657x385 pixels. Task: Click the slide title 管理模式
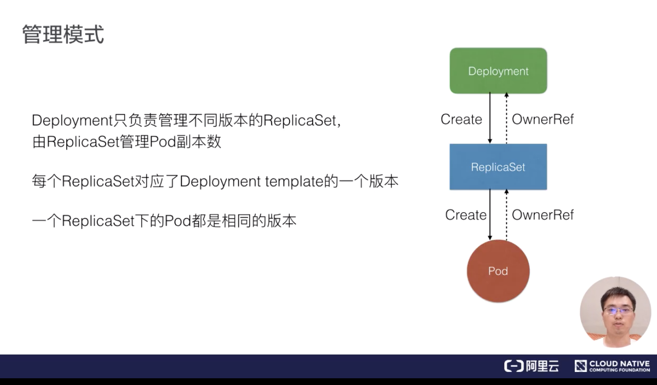pos(63,35)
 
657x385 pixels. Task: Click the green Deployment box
pos(498,71)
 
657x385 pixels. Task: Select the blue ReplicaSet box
pos(498,167)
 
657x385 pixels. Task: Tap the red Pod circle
pos(498,271)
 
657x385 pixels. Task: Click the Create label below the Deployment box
pos(461,119)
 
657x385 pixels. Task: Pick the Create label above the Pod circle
pos(466,215)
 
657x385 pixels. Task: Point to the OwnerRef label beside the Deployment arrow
pos(543,119)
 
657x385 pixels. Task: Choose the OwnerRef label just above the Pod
pos(543,215)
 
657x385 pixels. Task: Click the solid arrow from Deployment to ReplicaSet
pos(490,118)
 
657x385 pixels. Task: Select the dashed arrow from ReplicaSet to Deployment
pos(506,118)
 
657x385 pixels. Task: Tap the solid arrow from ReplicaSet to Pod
pos(490,214)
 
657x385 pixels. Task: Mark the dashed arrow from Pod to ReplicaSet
pos(506,214)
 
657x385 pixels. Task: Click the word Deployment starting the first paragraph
pos(72,120)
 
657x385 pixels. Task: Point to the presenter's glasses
pos(618,310)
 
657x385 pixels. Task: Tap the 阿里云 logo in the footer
pos(531,366)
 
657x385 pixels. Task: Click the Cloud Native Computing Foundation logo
pos(612,366)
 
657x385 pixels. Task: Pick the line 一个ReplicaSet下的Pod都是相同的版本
pos(164,221)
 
